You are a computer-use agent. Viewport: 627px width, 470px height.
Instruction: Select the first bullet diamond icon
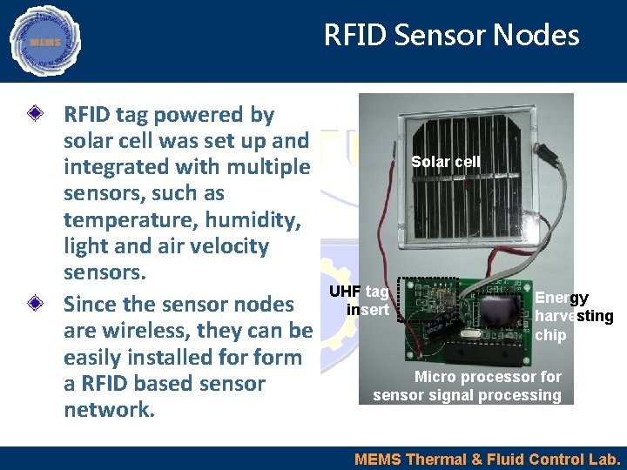tap(35, 115)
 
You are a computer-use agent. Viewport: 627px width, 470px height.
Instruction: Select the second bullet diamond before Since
tap(35, 305)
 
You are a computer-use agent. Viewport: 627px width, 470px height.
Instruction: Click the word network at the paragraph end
tap(109, 410)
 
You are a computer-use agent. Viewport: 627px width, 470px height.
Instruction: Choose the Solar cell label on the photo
tap(444, 162)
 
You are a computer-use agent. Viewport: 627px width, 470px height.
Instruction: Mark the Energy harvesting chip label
tap(573, 316)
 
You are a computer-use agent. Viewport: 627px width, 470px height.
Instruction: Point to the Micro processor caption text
tap(468, 386)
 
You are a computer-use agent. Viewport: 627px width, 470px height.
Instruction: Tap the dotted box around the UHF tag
tap(427, 299)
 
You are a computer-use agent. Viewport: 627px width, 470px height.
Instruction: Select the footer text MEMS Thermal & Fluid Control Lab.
tap(488, 459)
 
